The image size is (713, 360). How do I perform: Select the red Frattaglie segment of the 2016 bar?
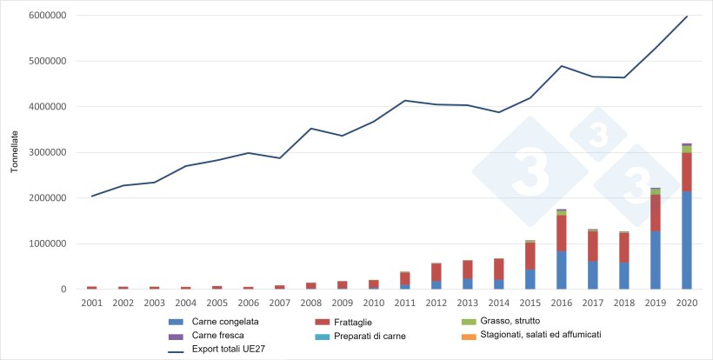click(x=561, y=233)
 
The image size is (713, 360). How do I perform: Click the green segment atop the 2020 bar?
click(x=686, y=149)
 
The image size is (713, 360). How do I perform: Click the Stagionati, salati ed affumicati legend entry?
click(x=564, y=335)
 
